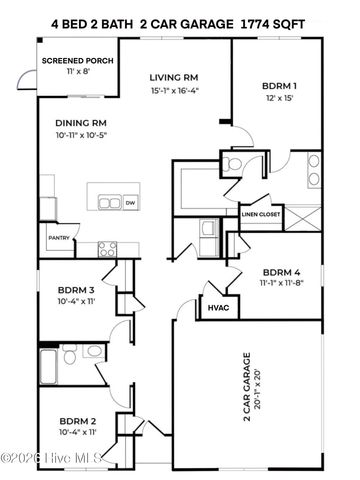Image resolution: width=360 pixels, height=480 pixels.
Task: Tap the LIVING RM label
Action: click(174, 76)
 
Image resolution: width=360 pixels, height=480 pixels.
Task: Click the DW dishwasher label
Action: click(130, 203)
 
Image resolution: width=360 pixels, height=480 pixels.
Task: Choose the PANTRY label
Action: click(59, 238)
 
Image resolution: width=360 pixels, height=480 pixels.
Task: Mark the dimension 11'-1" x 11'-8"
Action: click(284, 284)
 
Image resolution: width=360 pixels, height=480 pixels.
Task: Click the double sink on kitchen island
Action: click(105, 203)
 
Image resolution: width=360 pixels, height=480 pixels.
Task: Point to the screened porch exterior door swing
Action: click(25, 83)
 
